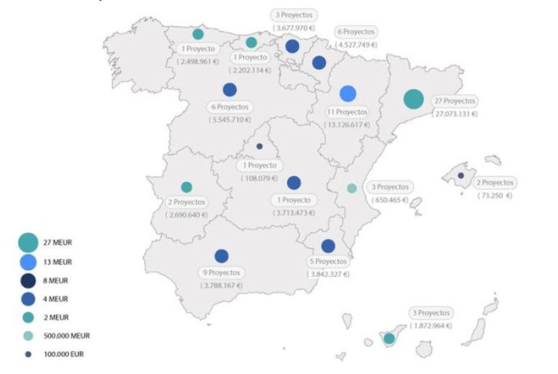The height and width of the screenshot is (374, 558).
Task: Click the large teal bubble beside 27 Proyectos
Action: point(414,99)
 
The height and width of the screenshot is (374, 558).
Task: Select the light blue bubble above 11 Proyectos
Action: point(348,93)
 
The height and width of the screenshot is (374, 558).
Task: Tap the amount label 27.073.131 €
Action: point(455,114)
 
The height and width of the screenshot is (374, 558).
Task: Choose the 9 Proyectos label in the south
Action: point(222,273)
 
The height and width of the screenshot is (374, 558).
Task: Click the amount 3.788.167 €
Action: point(222,285)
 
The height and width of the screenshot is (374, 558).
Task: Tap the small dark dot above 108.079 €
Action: point(259,146)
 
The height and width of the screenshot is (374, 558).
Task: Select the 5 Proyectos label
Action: point(328,261)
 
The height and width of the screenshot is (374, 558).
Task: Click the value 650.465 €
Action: point(390,199)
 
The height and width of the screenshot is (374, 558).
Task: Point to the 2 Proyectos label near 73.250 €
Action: point(496,183)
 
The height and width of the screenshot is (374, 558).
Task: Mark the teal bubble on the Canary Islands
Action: point(389,338)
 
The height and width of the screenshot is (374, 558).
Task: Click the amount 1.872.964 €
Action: point(432,325)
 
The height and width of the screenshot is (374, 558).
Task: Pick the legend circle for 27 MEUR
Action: point(28,242)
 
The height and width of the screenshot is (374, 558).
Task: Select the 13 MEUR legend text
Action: point(59,262)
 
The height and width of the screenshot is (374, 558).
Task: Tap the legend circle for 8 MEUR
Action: point(28,280)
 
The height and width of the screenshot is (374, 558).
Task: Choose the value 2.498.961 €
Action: point(198,62)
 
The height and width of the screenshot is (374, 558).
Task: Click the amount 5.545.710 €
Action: point(230,119)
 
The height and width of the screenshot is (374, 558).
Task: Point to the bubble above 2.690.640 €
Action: point(186,187)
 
